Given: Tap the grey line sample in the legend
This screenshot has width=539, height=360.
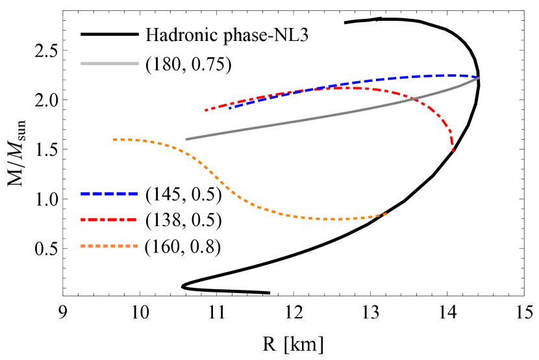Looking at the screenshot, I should [109, 64].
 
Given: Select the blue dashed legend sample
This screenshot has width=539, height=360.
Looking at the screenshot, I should [109, 194].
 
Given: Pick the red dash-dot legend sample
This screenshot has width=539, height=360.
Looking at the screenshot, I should [109, 220].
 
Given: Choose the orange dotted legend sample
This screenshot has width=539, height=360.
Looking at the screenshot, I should [109, 246].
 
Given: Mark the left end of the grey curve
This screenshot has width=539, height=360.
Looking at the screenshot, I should [186, 139].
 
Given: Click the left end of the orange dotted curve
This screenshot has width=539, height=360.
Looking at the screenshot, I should [114, 139].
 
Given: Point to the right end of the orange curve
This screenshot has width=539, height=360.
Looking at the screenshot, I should [386, 214].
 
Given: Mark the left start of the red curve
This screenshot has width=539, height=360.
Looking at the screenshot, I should [206, 110].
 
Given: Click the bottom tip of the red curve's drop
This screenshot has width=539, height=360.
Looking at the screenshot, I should [453, 151].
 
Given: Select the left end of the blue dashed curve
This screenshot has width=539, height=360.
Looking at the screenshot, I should [229, 108].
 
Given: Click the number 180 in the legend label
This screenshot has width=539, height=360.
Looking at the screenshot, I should [165, 64].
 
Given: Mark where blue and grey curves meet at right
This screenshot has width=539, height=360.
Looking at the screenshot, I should [479, 78].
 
